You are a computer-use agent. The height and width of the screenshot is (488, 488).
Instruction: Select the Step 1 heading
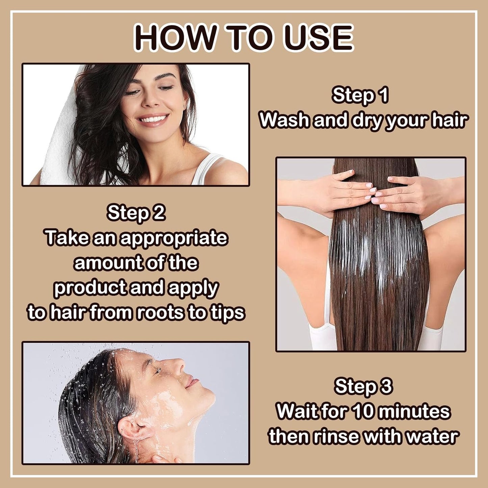tap(360, 95)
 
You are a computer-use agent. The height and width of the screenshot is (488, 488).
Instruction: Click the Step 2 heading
tap(136, 213)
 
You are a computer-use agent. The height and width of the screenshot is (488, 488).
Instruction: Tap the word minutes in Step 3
tap(414, 411)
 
